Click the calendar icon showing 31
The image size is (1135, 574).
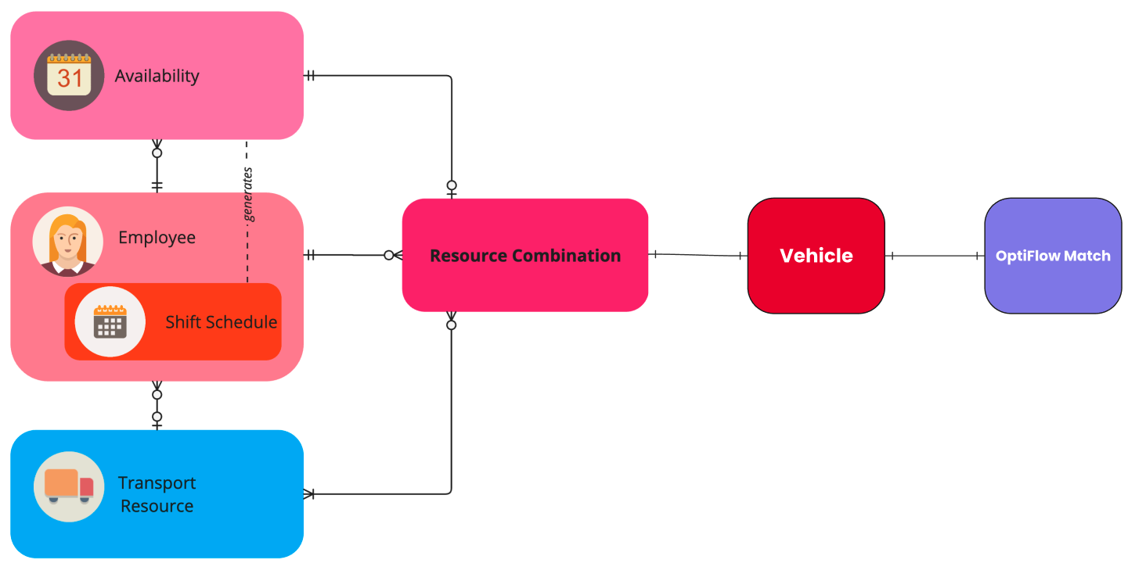(69, 76)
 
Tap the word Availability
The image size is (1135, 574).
(157, 76)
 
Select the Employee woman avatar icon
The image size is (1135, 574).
(67, 241)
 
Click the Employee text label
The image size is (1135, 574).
(157, 237)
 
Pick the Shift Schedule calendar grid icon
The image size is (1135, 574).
(110, 321)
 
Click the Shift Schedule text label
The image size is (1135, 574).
(221, 321)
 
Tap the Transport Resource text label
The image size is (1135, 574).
(157, 494)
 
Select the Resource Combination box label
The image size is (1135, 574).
(525, 256)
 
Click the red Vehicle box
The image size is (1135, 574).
(816, 256)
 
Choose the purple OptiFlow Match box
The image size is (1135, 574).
(1052, 256)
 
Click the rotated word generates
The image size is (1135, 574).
(249, 195)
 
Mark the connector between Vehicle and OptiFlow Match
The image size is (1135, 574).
(935, 256)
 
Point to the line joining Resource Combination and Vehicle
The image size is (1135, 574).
(697, 254)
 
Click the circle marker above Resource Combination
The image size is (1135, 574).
(452, 186)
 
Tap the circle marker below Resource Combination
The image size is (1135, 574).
(452, 325)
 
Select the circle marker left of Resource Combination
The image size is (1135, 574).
(388, 255)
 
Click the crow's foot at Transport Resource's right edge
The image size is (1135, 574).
(308, 494)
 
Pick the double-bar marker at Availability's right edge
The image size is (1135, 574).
(310, 76)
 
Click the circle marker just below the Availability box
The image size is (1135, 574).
(157, 152)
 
